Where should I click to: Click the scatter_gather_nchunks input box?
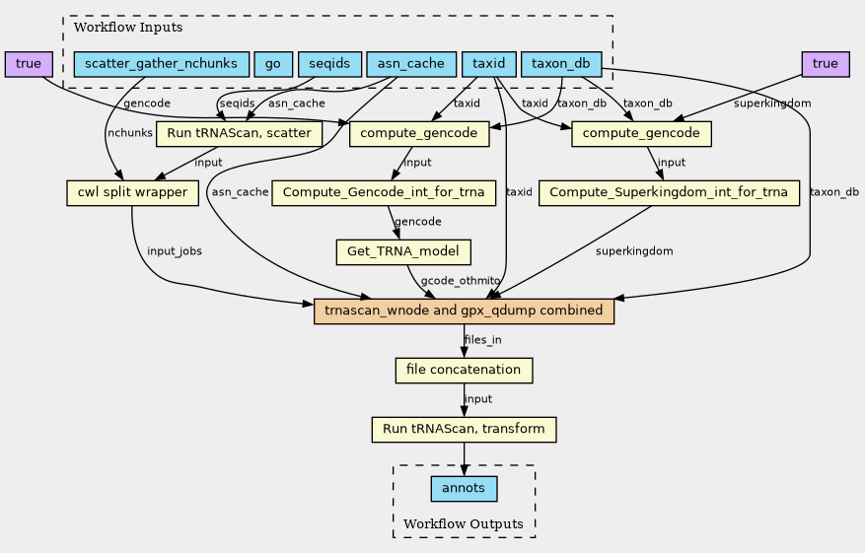(x=162, y=64)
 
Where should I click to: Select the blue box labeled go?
(x=273, y=64)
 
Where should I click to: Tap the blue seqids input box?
(x=329, y=64)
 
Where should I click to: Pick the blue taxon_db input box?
(x=561, y=64)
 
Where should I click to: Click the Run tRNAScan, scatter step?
(x=239, y=134)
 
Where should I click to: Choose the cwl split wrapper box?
(x=132, y=193)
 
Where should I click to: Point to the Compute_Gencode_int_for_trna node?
(x=384, y=193)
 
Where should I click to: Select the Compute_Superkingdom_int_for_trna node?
(x=669, y=193)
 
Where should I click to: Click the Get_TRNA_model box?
(x=403, y=252)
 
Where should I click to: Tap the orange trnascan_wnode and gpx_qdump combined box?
(x=464, y=311)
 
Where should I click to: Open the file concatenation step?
(x=464, y=370)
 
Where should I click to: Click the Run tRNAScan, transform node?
(x=464, y=430)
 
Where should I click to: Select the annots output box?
(x=464, y=489)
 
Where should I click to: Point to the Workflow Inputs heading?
(x=128, y=28)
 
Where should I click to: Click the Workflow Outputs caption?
(x=464, y=523)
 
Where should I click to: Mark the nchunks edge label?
(x=130, y=133)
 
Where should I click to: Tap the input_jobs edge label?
(x=175, y=251)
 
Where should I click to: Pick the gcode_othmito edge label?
(x=461, y=281)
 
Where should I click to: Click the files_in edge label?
(x=483, y=340)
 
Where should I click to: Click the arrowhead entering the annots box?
(x=464, y=470)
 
